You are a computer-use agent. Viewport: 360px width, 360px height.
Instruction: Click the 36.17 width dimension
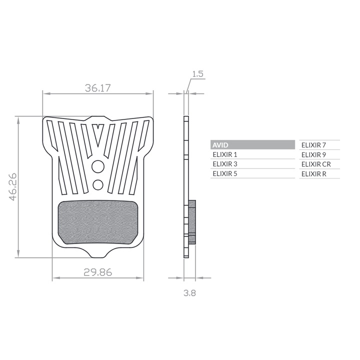98,88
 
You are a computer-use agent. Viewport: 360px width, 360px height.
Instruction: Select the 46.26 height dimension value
13,186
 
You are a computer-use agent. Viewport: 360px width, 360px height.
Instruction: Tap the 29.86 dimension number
98,272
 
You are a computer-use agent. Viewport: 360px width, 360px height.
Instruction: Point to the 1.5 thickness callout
198,74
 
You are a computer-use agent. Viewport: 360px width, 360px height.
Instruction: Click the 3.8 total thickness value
190,293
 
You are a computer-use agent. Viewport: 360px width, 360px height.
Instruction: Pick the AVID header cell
252,145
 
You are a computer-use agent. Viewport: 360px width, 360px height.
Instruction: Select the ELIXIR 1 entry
225,154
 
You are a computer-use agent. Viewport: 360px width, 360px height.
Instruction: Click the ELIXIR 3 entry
225,164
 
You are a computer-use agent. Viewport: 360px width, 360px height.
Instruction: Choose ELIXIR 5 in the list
225,174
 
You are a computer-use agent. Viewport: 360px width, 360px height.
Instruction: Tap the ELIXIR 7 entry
313,145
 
